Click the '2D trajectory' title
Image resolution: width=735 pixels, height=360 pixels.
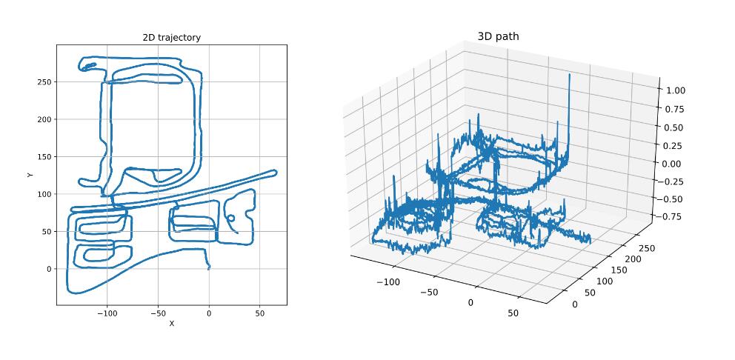click(x=172, y=38)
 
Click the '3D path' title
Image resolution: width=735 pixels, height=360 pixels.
click(x=499, y=36)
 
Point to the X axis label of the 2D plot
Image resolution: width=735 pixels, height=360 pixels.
click(x=172, y=324)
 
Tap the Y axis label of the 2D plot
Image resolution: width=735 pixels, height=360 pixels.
click(x=30, y=175)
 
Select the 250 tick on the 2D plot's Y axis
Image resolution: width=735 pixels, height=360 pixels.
click(x=46, y=82)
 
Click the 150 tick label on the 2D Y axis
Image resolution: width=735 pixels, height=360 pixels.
click(x=46, y=156)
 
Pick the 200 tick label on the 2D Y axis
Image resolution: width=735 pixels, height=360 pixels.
click(x=46, y=119)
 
